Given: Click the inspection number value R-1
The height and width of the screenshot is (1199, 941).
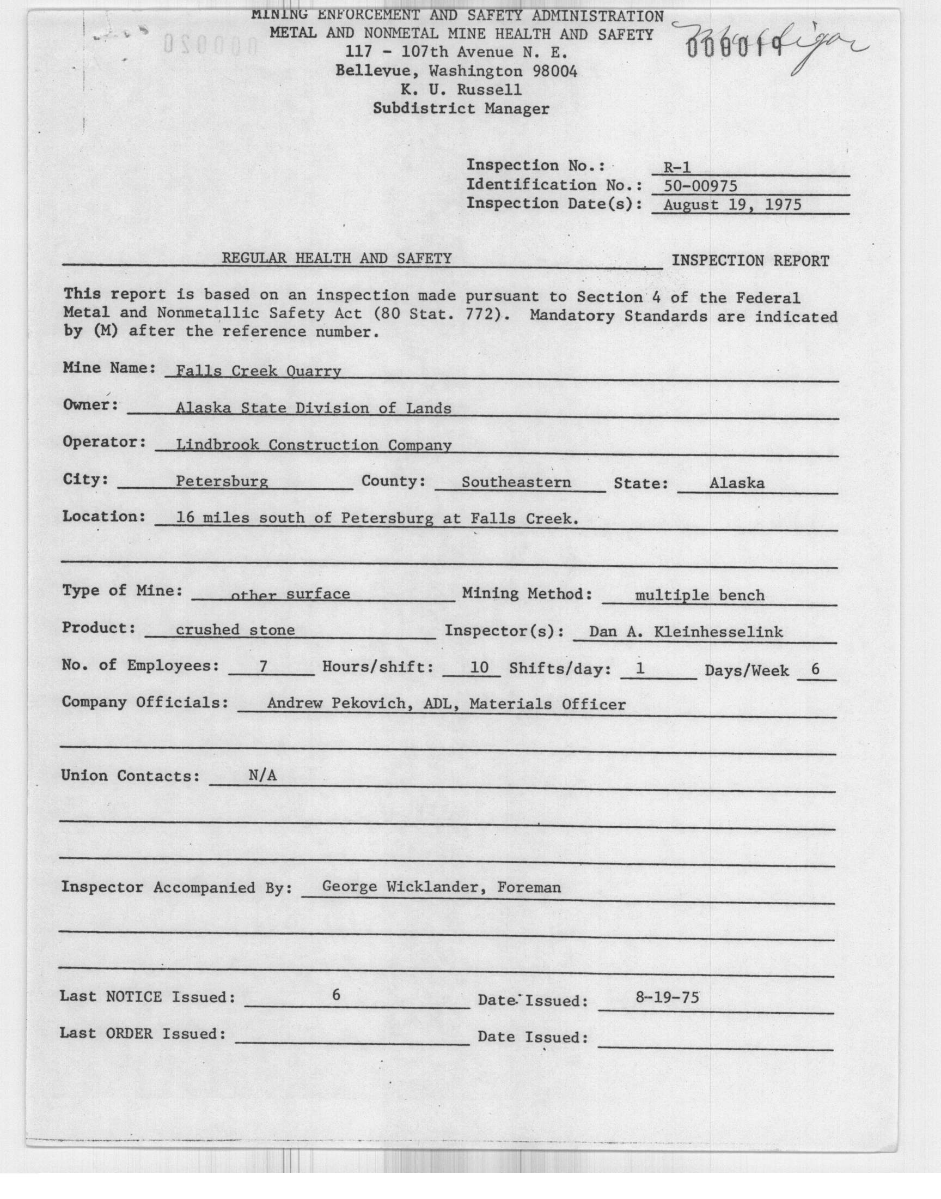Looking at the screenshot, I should coord(677,167).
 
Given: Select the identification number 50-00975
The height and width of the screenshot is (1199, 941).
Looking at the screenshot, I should coord(700,186).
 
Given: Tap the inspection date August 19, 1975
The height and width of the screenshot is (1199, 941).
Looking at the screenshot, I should coord(732,205).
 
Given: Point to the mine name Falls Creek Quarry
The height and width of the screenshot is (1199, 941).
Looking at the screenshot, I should coord(258,371).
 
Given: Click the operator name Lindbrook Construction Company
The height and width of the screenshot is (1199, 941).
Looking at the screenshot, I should coord(314,445).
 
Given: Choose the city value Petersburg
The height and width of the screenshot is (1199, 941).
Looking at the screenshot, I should coord(222,481).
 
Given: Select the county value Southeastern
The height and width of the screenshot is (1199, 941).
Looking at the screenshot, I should coord(516,482).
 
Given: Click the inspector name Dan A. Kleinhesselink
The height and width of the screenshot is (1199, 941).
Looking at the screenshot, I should coord(686,632).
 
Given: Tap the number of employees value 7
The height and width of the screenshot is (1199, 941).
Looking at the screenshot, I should coord(264,667).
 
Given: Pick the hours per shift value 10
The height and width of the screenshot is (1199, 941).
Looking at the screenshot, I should coord(479,668).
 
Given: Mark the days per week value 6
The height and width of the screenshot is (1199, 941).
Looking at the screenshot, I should coord(815,669).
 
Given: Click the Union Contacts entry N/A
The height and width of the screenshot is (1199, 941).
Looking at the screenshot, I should coord(262,776).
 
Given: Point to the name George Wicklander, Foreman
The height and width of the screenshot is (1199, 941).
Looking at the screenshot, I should coord(441,887).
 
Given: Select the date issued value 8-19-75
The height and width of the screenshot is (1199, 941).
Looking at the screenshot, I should coord(667,997).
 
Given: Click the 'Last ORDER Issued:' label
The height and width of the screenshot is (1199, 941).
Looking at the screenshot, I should coord(143,1033).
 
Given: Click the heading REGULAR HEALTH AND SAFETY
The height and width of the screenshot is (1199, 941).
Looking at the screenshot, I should coord(337,258).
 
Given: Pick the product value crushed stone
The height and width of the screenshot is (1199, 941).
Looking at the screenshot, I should coord(235,629).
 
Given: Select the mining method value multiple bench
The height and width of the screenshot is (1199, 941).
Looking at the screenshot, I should coord(700,595).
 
